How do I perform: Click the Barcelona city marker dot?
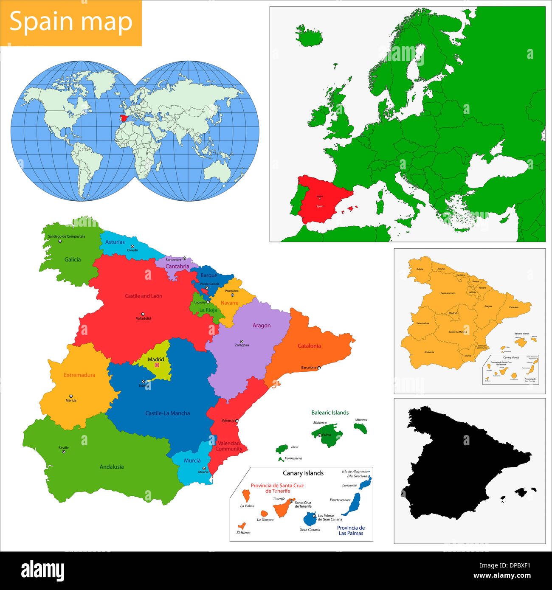click(x=318, y=368)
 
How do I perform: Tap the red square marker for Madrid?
click(x=157, y=365)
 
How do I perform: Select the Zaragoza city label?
click(x=242, y=345)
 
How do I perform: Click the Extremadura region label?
click(x=79, y=375)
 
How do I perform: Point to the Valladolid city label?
click(x=143, y=318)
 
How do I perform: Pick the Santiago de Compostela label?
click(x=66, y=236)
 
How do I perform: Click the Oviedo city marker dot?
click(x=132, y=246)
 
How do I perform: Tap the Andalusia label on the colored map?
click(x=112, y=466)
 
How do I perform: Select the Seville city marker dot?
click(x=64, y=452)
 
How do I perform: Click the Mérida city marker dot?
click(x=71, y=396)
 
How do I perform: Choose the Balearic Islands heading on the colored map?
click(x=330, y=413)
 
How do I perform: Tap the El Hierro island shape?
click(x=242, y=525)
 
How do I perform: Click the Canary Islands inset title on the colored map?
click(x=303, y=473)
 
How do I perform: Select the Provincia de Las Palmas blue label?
click(x=351, y=531)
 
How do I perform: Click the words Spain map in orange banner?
click(x=71, y=22)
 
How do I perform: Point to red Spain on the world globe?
click(x=124, y=118)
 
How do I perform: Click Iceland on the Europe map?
click(x=309, y=36)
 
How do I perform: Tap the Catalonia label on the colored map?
click(x=309, y=346)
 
